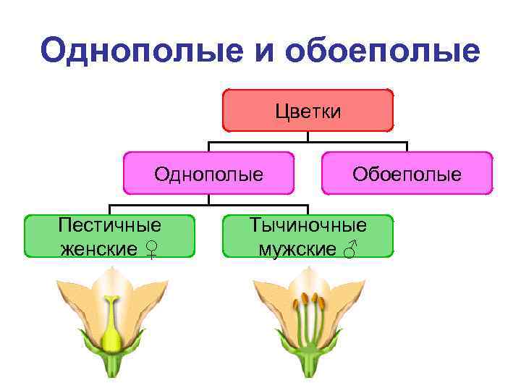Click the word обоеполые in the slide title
click(x=384, y=51)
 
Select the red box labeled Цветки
click(x=308, y=110)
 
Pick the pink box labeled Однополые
click(x=208, y=173)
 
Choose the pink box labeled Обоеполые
click(x=407, y=173)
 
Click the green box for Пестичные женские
click(x=110, y=236)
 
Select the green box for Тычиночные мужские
click(x=308, y=236)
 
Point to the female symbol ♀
click(x=151, y=250)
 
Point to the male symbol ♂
click(x=350, y=250)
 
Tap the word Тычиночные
click(x=308, y=224)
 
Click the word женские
click(x=99, y=249)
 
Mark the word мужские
click(x=297, y=249)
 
